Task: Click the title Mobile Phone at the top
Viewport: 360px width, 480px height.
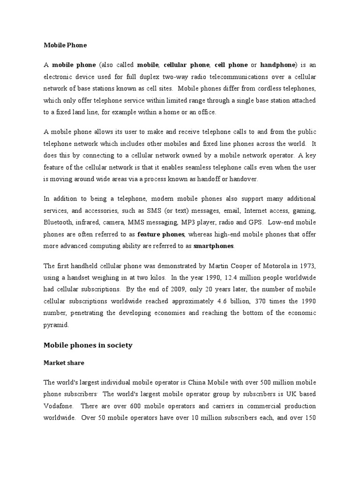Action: (x=65, y=45)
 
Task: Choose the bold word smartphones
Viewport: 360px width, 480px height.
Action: (x=214, y=246)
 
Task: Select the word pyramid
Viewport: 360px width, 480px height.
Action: (x=56, y=324)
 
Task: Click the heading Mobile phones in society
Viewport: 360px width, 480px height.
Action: (x=88, y=345)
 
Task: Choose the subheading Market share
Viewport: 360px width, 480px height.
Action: (x=63, y=362)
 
